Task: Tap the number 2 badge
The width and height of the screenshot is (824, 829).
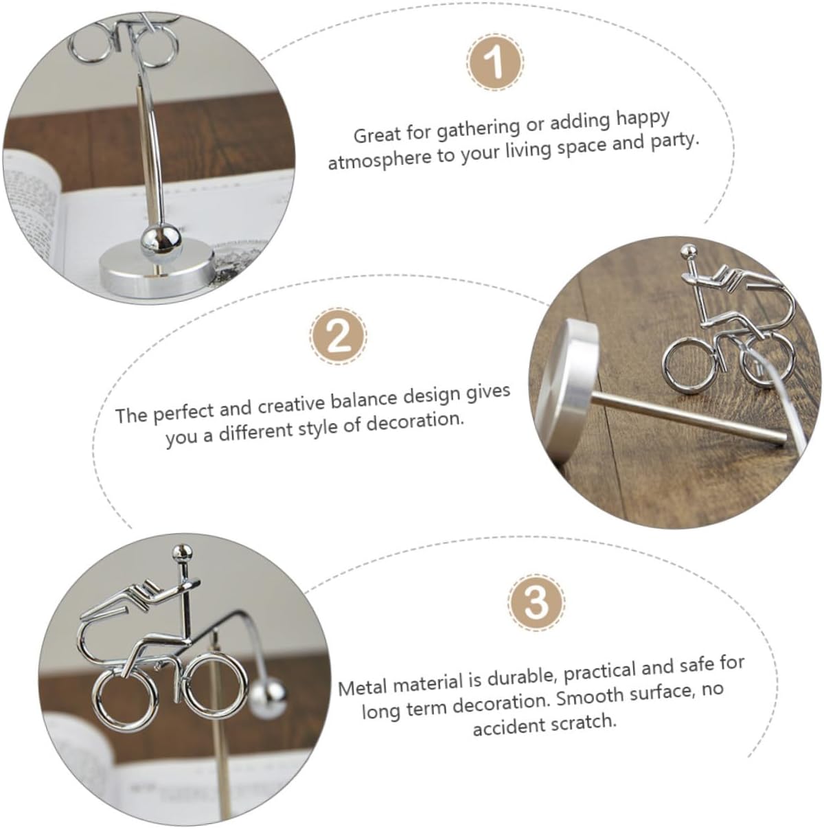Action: click(339, 336)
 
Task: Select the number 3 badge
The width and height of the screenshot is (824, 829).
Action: click(536, 602)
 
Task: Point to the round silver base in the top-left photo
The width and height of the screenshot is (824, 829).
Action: click(157, 270)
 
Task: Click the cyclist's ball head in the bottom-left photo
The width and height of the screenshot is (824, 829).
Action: click(182, 552)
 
